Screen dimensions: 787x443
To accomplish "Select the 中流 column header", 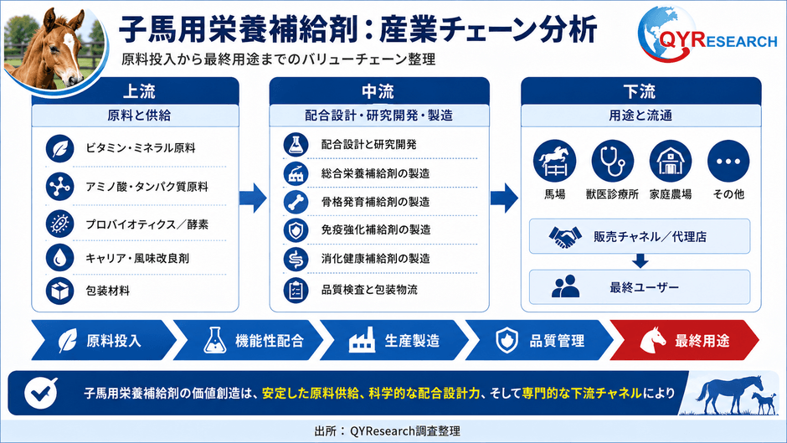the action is pos(379,91).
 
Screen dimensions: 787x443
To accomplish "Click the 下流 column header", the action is pos(641,91).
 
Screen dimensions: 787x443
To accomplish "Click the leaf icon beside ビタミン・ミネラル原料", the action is pos(59,149).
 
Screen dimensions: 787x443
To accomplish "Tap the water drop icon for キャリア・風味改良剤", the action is pos(59,257).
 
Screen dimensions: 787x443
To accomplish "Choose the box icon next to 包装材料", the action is pos(59,291).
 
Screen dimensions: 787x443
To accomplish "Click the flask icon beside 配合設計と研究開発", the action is pos(296,145).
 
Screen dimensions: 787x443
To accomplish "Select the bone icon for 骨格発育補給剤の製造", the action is pos(296,202).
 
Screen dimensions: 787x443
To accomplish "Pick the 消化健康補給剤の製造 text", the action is pos(375,259).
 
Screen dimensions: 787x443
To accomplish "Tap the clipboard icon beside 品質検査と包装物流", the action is pos(296,290).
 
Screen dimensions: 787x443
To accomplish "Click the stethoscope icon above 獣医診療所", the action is pos(612,161).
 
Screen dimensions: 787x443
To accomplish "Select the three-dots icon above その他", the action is pos(728,161).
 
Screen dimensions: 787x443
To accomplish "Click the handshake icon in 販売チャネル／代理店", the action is pos(564,236).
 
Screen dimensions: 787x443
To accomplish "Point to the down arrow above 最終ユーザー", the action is pos(640,260).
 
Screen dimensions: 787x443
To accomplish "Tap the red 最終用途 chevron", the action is pos(685,341).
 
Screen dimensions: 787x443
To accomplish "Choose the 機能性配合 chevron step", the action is pos(249,341).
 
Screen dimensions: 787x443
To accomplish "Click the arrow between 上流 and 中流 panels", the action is pos(253,198).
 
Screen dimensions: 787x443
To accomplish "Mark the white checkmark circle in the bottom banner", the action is pos(40,393).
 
